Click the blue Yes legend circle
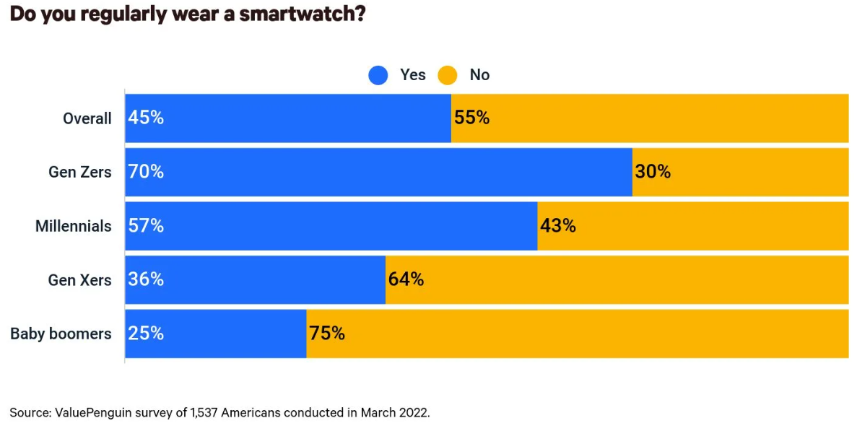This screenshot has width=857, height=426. (378, 75)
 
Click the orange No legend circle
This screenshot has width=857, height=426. (448, 75)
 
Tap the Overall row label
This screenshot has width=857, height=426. (87, 118)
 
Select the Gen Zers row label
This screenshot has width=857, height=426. (80, 172)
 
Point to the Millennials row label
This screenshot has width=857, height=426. (74, 226)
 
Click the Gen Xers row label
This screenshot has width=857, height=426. (80, 279)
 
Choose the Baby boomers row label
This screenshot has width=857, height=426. (61, 334)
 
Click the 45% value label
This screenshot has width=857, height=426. (146, 118)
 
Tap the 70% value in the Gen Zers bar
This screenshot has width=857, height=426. (146, 172)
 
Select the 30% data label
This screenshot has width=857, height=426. (653, 172)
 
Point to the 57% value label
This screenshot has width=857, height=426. (146, 226)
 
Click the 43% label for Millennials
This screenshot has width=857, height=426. (558, 226)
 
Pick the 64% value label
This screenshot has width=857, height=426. (406, 279)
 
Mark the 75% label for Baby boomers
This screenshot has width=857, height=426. (327, 334)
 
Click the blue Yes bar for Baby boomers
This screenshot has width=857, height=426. (231, 334)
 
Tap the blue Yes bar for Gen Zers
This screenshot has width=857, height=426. (397, 172)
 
